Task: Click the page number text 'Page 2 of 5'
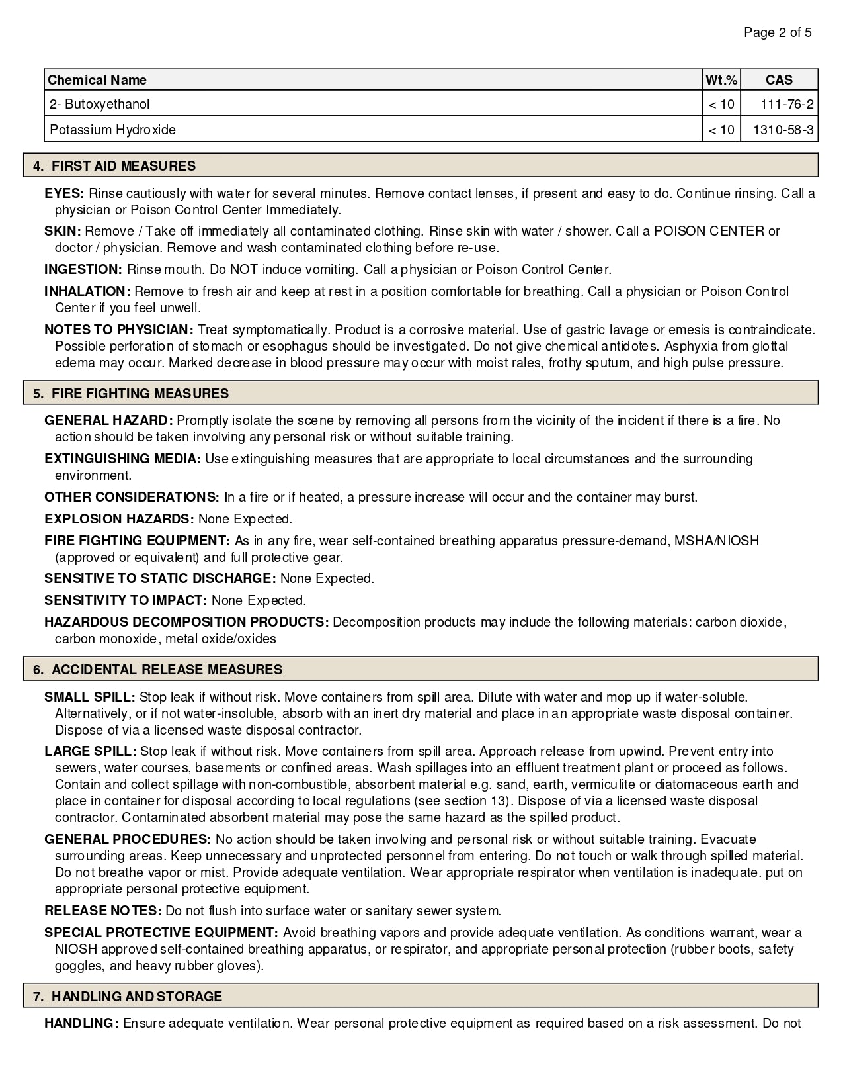778,32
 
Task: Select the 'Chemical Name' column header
97,80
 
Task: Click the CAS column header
779,80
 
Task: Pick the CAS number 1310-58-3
783,130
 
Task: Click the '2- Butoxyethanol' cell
100,104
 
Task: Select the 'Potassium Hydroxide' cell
112,130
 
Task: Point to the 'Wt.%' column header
721,80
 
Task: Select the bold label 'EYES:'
64,193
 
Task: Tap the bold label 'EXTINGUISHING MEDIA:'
122,459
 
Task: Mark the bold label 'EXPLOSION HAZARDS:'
119,519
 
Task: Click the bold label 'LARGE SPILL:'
90,751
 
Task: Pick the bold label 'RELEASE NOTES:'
103,911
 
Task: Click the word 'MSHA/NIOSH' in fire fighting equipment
716,541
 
